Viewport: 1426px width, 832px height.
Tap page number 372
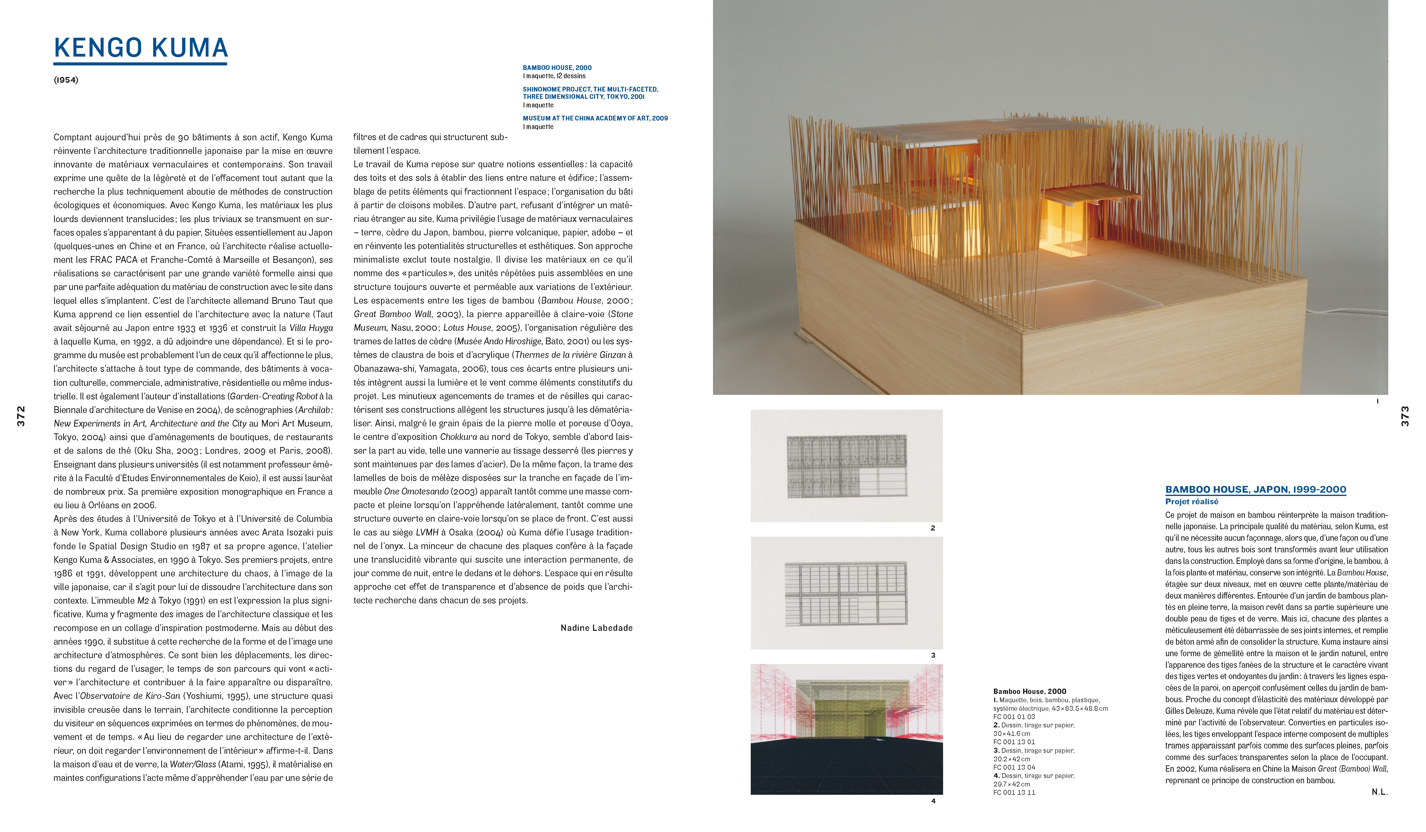click(21, 416)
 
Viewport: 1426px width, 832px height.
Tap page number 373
click(1404, 416)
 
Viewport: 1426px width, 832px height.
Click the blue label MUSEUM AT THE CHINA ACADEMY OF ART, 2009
click(595, 118)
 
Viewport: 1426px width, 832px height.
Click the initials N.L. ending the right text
click(1379, 792)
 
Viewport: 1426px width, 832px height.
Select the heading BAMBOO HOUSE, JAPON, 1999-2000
click(1255, 490)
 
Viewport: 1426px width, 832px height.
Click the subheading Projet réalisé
click(1191, 502)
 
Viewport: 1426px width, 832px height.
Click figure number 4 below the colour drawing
click(933, 801)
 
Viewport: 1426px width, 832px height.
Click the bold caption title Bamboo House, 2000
click(1029, 691)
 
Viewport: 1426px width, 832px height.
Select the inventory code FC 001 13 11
click(1014, 792)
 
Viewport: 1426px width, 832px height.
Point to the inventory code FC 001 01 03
click(1014, 717)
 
